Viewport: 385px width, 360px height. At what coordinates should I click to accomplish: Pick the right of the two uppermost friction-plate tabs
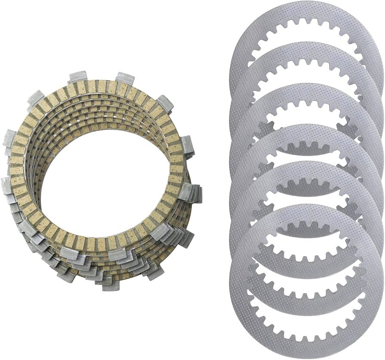click(x=124, y=78)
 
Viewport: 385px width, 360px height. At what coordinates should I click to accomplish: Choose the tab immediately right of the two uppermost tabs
click(x=164, y=103)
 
